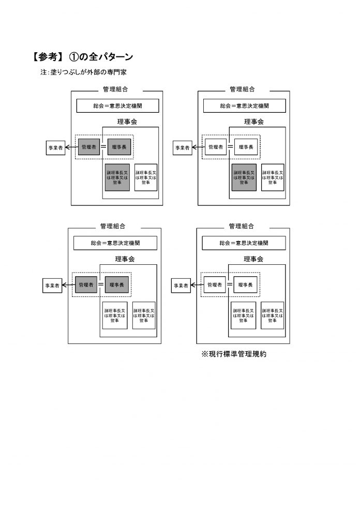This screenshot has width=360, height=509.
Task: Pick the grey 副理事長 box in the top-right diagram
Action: pyautogui.click(x=244, y=177)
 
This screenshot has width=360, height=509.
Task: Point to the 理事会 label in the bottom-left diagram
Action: pyautogui.click(x=124, y=259)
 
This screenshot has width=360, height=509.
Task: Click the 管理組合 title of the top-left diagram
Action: pyautogui.click(x=115, y=89)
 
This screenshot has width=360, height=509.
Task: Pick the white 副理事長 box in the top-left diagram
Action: pyautogui.click(x=145, y=177)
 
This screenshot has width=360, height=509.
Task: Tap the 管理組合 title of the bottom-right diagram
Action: pyautogui.click(x=242, y=226)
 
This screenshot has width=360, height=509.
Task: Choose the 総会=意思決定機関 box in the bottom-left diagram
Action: pyautogui.click(x=115, y=243)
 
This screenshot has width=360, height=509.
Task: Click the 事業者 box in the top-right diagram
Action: pyautogui.click(x=182, y=148)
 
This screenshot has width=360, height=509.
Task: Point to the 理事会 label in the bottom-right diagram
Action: pyautogui.click(x=253, y=259)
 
